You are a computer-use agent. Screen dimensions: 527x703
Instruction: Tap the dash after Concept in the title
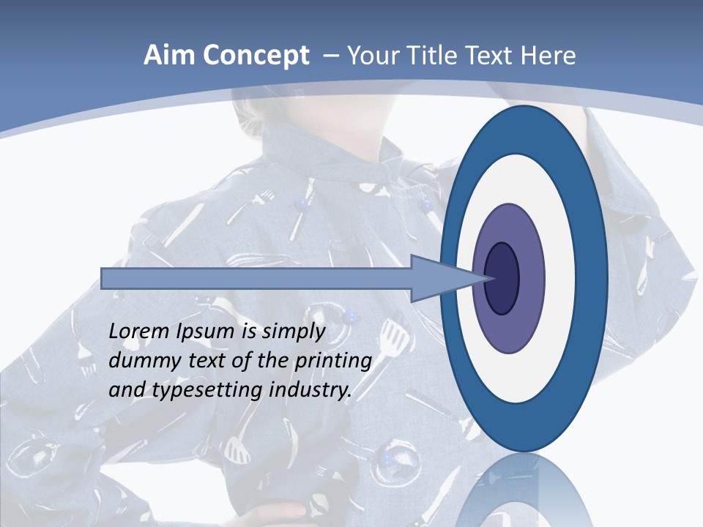tap(330, 56)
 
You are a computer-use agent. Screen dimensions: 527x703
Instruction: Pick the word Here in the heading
tap(549, 56)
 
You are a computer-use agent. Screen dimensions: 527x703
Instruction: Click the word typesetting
tap(207, 391)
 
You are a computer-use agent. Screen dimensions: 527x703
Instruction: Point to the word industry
tap(310, 390)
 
